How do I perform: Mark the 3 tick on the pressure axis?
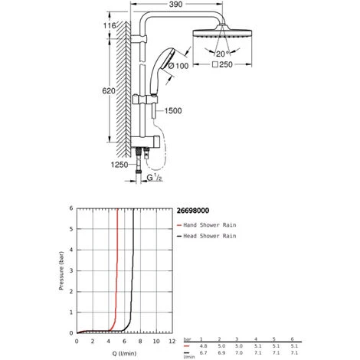pyautogui.click(x=72, y=271)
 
